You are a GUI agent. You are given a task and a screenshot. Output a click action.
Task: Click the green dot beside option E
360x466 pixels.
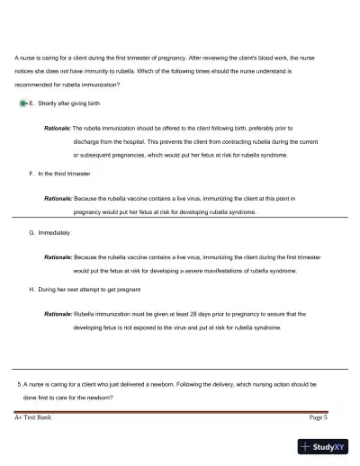tap(22, 104)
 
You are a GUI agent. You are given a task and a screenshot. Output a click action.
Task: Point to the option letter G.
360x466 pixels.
tap(31, 232)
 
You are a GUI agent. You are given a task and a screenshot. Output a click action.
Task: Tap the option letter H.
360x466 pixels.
tap(31, 290)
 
